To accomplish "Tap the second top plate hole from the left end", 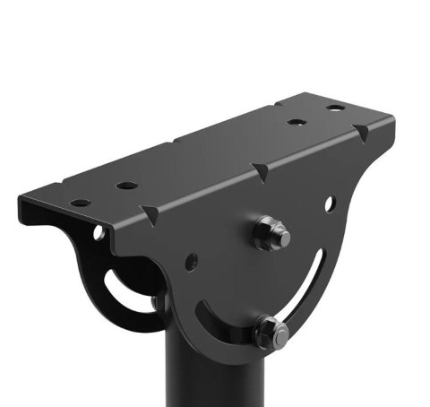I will click(x=127, y=186).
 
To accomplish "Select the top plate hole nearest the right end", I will click(x=335, y=108).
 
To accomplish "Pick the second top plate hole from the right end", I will click(x=297, y=122).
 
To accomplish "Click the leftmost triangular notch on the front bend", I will click(x=149, y=212).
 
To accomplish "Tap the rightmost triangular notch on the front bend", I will click(x=361, y=134).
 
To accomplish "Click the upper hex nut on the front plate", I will click(x=268, y=235).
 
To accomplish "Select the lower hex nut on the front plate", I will click(x=269, y=333).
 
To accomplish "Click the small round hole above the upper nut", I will click(x=330, y=203).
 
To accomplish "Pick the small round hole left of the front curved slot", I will click(x=191, y=263).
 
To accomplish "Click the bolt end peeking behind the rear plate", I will click(x=158, y=302).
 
